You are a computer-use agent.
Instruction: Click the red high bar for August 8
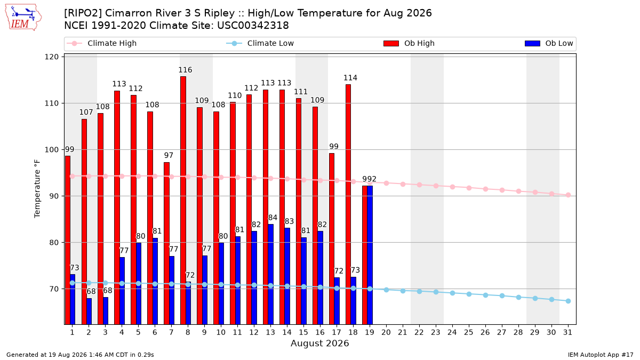(183, 201)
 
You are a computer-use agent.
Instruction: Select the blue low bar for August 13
(270, 274)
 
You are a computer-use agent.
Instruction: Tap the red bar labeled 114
(348, 204)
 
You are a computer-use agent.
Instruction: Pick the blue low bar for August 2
(89, 311)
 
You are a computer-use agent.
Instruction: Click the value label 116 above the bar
(185, 70)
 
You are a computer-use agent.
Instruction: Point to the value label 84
(273, 218)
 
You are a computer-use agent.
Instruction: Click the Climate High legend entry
(102, 43)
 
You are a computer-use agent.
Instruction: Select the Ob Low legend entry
(549, 43)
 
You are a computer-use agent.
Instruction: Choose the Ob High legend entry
(409, 43)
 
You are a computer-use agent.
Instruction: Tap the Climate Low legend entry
(260, 43)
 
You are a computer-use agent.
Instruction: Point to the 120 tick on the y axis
(51, 57)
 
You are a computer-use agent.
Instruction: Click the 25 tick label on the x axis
(469, 332)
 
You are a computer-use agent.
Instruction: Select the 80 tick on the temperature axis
(54, 243)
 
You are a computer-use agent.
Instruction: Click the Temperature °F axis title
(37, 189)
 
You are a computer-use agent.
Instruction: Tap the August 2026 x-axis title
(319, 343)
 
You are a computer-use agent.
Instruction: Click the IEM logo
(23, 18)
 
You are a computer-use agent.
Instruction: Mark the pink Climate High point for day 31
(568, 195)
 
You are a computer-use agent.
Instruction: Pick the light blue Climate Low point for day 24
(452, 293)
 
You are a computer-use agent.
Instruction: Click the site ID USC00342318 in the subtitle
(253, 26)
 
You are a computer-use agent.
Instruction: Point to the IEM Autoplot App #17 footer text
(601, 355)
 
